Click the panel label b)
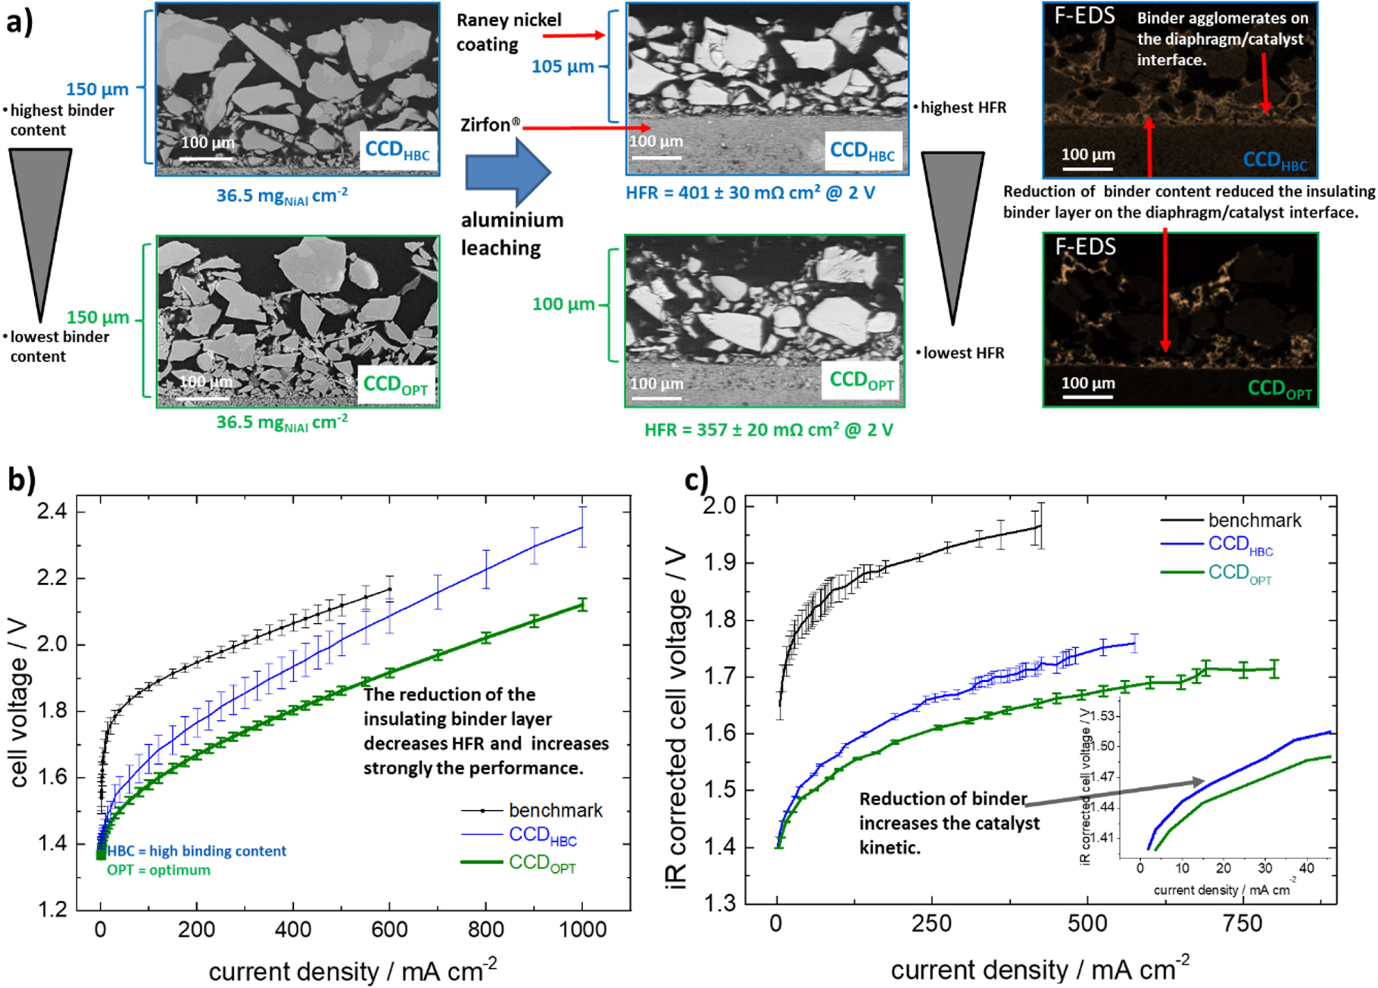[x=21, y=479]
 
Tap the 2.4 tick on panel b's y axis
[x=51, y=512]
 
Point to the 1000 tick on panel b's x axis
[x=582, y=930]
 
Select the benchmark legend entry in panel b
[x=555, y=810]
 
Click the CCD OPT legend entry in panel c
[x=1239, y=573]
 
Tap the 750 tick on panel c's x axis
[x=1242, y=924]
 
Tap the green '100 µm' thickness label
[x=563, y=304]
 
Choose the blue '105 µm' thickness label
[x=563, y=67]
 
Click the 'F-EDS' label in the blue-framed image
[x=1084, y=17]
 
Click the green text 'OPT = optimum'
[x=158, y=870]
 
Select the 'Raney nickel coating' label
[x=508, y=32]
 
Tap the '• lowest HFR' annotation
[x=960, y=353]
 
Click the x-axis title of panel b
[x=353, y=971]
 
